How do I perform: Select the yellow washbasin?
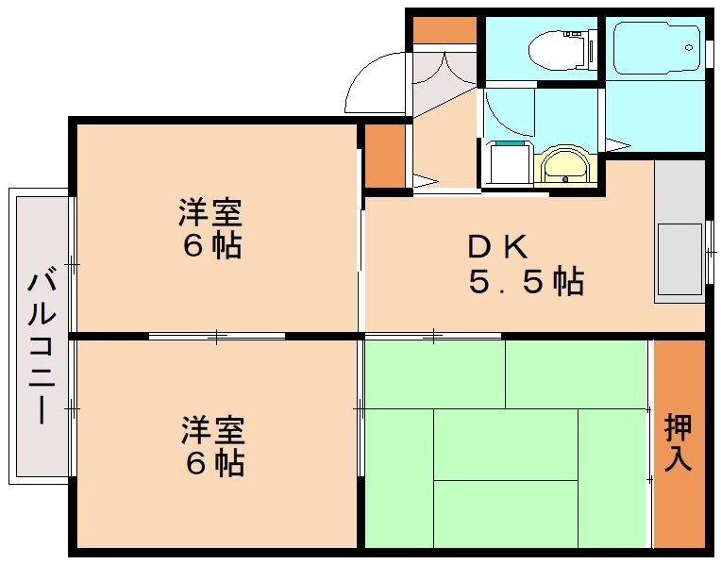(564, 168)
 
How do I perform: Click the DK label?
(497, 246)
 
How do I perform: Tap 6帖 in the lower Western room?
(213, 463)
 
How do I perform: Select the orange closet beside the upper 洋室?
(384, 155)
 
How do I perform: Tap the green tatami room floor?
(505, 443)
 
